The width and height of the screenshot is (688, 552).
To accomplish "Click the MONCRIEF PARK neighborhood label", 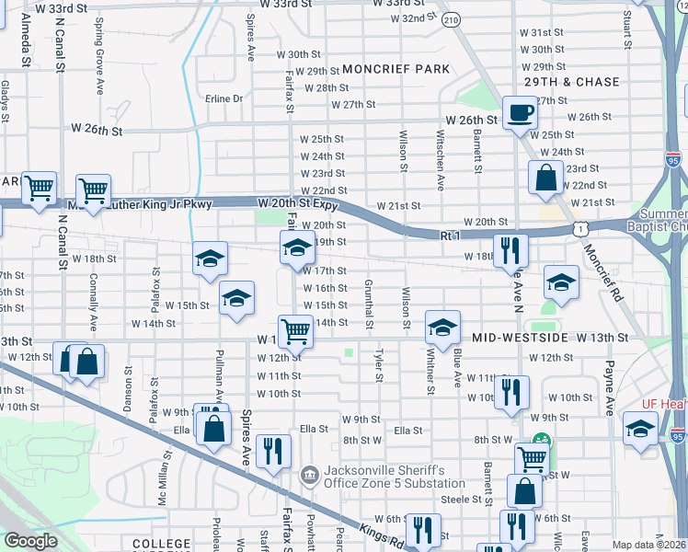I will click(396, 69).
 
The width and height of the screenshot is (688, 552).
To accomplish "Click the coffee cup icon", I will click(521, 113).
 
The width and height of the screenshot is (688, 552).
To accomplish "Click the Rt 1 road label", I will click(450, 236).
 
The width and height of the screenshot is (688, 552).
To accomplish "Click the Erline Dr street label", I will click(224, 98).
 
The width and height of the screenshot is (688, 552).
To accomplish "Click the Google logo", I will click(30, 541).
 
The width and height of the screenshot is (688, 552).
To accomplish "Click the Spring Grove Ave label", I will click(98, 64).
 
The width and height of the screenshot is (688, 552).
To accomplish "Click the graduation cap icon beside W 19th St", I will click(296, 247).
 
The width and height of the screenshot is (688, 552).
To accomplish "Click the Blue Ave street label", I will click(456, 362).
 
